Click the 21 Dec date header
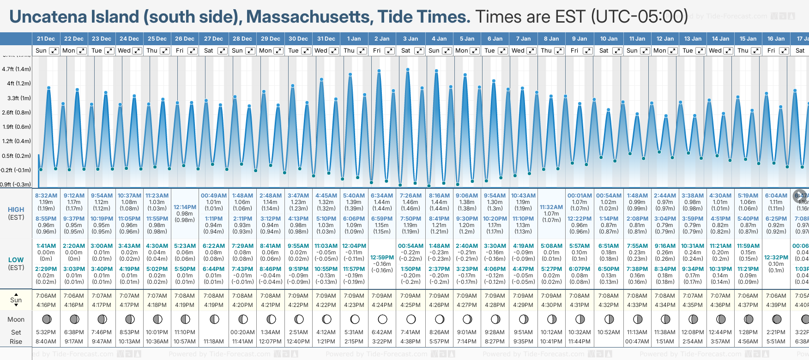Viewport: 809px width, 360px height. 46,39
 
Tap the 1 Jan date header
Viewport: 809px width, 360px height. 354,39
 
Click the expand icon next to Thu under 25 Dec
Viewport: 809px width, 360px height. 164,51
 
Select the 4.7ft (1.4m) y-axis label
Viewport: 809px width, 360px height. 17,69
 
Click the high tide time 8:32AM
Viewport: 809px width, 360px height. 46,196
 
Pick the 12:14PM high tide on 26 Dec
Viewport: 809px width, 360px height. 185,207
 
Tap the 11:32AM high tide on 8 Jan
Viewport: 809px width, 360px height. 551,207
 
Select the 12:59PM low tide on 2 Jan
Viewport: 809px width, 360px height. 382,258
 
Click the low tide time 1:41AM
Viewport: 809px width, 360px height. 46,246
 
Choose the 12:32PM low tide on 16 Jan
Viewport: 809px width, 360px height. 776,258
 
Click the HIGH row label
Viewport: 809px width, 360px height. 16,210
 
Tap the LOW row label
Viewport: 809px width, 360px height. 16,260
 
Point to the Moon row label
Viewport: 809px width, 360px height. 16,319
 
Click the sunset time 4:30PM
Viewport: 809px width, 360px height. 551,305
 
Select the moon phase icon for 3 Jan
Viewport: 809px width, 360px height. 411,319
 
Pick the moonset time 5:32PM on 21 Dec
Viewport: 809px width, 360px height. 46,332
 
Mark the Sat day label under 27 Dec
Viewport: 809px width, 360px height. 209,51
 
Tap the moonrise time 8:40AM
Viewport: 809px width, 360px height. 46,342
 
